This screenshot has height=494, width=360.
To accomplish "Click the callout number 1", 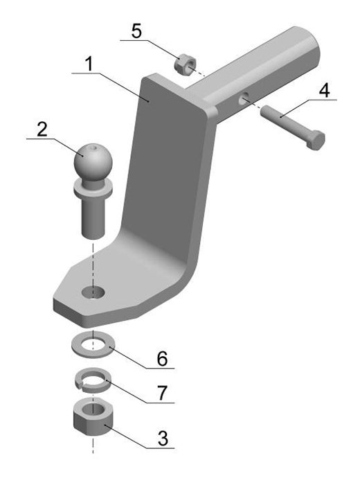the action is [x=90, y=64].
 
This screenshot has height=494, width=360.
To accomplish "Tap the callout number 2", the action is [x=42, y=129].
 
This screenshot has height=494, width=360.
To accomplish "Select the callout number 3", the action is [x=163, y=439].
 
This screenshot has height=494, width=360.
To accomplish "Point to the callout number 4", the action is [x=325, y=91].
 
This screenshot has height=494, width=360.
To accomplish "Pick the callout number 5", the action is [x=136, y=31].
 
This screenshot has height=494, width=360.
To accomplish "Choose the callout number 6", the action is [x=163, y=359].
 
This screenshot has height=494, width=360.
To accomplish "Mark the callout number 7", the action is [x=162, y=393].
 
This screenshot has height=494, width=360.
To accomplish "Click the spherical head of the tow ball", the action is [x=93, y=163].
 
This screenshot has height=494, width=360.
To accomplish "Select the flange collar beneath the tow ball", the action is [x=93, y=189].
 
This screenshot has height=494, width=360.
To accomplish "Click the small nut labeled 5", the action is [x=185, y=64].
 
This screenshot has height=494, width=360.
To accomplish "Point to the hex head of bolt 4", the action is [x=316, y=139].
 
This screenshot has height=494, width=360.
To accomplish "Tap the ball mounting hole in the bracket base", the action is [x=93, y=292].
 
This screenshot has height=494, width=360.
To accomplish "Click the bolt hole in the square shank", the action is [x=243, y=100].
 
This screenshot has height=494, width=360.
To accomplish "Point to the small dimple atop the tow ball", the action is [x=93, y=148].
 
